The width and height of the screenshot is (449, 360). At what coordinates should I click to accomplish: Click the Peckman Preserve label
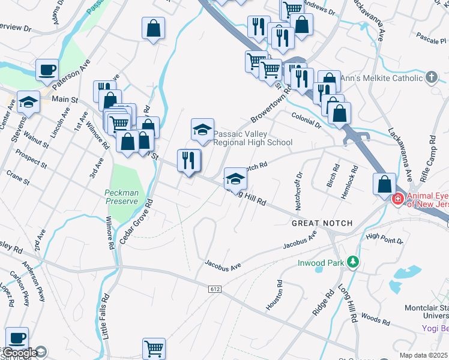pyautogui.click(x=122, y=197)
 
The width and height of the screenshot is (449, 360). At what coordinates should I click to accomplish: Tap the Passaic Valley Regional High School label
pyautogui.click(x=253, y=138)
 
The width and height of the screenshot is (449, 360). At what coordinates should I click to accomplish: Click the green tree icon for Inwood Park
pyautogui.click(x=354, y=262)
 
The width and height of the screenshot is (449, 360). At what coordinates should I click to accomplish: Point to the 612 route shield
pyautogui.click(x=214, y=289)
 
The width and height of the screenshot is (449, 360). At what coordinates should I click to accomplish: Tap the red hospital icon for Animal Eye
pyautogui.click(x=397, y=199)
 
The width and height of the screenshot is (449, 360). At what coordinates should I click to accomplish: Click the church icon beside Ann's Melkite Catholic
pyautogui.click(x=431, y=77)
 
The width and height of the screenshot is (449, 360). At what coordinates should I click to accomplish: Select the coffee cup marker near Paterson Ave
pyautogui.click(x=47, y=70)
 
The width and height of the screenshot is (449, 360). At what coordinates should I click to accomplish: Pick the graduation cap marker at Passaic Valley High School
pyautogui.click(x=202, y=129)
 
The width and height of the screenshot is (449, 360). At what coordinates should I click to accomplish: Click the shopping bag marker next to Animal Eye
pyautogui.click(x=384, y=184)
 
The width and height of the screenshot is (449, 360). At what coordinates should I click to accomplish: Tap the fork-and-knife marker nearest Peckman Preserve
pyautogui.click(x=189, y=160)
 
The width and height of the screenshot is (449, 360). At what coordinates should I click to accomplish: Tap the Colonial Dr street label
pyautogui.click(x=307, y=119)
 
